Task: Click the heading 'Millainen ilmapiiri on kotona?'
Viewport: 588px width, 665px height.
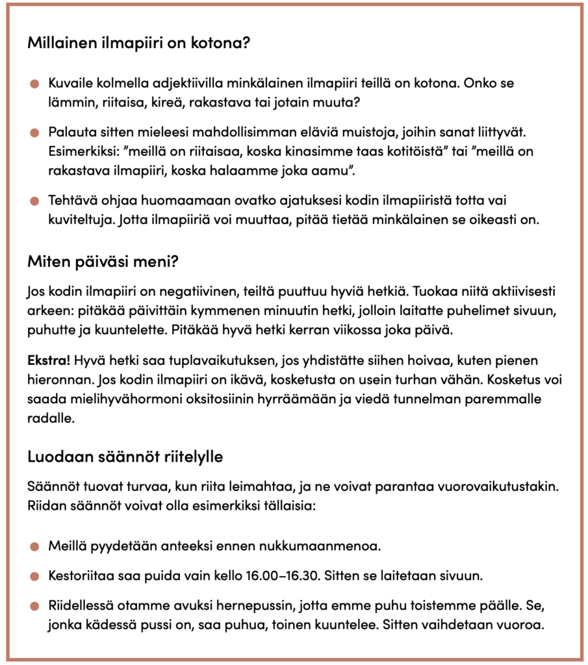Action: tap(139, 45)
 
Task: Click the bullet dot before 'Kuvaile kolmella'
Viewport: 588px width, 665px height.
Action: tap(34, 84)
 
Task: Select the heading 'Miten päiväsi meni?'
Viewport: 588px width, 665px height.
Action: tap(103, 262)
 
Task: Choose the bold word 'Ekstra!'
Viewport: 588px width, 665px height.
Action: tap(49, 359)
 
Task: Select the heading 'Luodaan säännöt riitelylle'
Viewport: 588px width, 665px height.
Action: tap(125, 457)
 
